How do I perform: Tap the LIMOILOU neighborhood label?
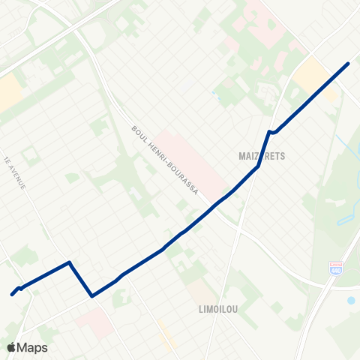(x=218, y=308)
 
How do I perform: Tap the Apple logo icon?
(x=11, y=347)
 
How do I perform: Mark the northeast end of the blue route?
(x=348, y=63)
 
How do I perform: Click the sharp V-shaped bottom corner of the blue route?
(x=91, y=295)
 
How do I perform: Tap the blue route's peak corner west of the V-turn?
(x=70, y=262)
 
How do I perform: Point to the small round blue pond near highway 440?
(x=351, y=300)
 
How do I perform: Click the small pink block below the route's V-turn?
(x=96, y=320)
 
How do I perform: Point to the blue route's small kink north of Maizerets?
(x=271, y=132)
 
